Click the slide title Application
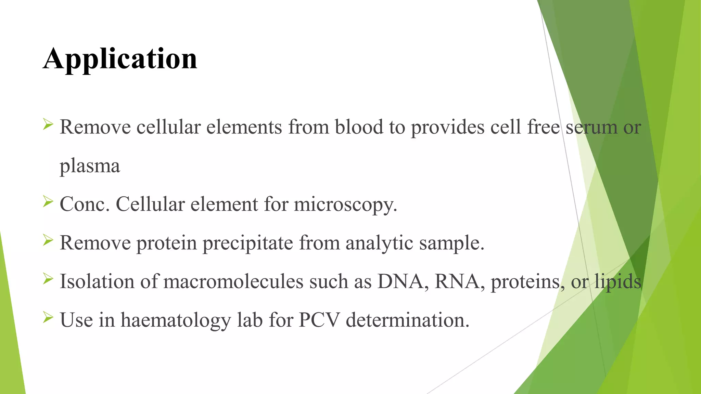tap(120, 59)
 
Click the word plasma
tap(90, 166)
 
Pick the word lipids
tap(617, 282)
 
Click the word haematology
tap(176, 321)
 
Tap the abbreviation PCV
tap(319, 320)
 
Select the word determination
tap(407, 320)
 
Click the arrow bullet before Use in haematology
tap(48, 318)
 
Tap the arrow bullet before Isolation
tap(48, 279)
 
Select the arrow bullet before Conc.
tap(48, 202)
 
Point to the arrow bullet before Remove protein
tap(48, 240)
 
